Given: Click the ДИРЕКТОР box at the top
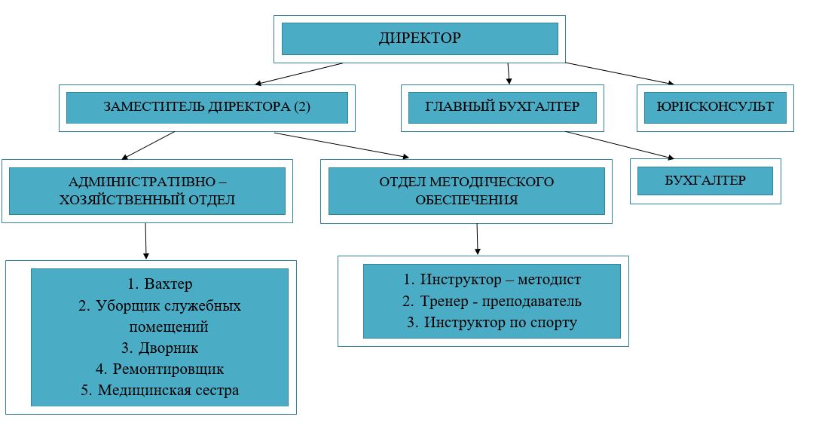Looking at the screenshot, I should coord(419,38).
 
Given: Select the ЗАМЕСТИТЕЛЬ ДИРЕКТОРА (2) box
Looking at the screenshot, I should coord(207,107).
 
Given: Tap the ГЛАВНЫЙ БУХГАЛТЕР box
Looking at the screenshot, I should coord(503,107).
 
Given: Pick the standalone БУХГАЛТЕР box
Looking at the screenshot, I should coord(705,181).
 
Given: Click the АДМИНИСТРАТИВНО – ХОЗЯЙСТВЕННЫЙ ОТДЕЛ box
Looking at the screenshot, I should coord(148,192).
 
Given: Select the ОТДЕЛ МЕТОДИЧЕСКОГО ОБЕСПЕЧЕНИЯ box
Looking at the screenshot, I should coord(466,192).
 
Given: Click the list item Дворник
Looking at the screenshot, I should coord(160,348).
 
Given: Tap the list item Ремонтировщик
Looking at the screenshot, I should coord(160,369).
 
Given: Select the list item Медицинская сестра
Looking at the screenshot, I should coord(160,391).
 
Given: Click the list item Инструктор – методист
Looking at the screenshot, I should coord(491,280).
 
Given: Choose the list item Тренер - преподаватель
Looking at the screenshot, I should coord(491,302).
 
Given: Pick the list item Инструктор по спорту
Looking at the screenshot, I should coord(491,323).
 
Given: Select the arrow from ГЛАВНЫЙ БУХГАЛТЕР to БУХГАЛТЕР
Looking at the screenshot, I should coord(618,145).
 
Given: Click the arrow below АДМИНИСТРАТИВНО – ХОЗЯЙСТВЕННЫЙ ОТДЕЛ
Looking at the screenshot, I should coord(145,241).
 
